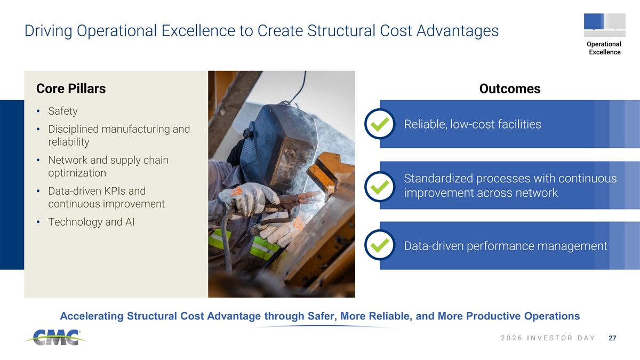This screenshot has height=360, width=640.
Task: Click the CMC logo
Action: click(x=55, y=338)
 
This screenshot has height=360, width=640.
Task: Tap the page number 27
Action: click(x=612, y=338)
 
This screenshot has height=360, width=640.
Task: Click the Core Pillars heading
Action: click(x=71, y=89)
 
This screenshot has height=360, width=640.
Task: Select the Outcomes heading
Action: click(x=510, y=89)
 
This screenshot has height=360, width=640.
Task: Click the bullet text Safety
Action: click(x=63, y=111)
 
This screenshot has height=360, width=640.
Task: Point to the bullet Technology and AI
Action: click(x=91, y=222)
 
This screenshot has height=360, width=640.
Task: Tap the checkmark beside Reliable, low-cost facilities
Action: click(x=380, y=124)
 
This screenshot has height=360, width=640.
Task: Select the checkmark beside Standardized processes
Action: click(x=380, y=187)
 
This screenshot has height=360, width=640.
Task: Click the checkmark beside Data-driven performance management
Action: click(x=380, y=245)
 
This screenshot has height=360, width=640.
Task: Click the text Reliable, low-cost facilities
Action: click(x=473, y=124)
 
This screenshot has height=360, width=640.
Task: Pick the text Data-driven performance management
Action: click(x=506, y=246)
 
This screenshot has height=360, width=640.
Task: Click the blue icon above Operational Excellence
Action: click(x=594, y=21)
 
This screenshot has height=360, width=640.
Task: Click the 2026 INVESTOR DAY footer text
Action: click(x=548, y=338)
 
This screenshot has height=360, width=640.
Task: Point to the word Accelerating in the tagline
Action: click(x=91, y=316)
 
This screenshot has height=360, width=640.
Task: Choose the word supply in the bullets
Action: click(x=127, y=161)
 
